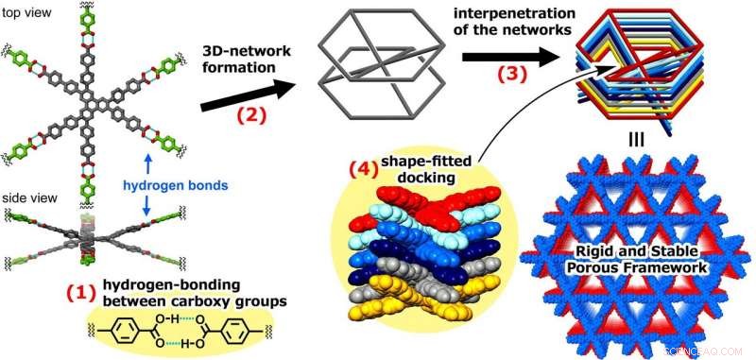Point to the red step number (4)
[363, 171]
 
